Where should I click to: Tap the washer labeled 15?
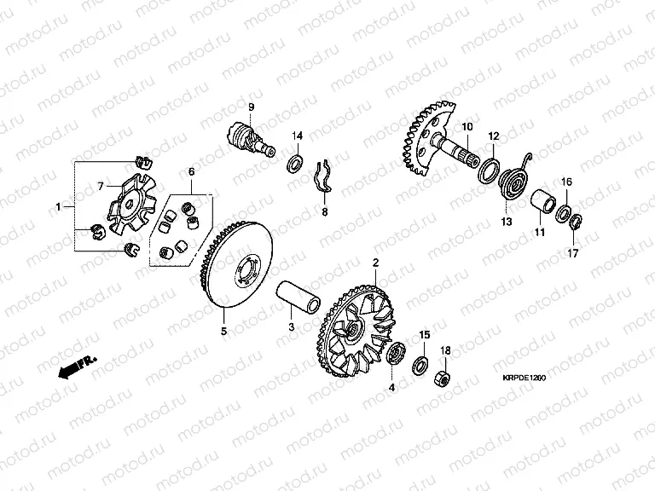pos(419,364)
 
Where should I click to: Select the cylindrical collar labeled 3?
pos(298,297)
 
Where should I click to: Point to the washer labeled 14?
pos(295,163)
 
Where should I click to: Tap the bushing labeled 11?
pos(543,202)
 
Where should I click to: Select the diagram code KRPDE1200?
pos(525,378)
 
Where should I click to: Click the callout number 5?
pos(224,332)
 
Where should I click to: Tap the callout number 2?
pos(375,263)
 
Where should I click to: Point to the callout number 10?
pos(467,126)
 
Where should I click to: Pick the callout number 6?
pos(191,171)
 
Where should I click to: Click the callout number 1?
pos(59,206)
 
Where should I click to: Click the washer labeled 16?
pos(564,213)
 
